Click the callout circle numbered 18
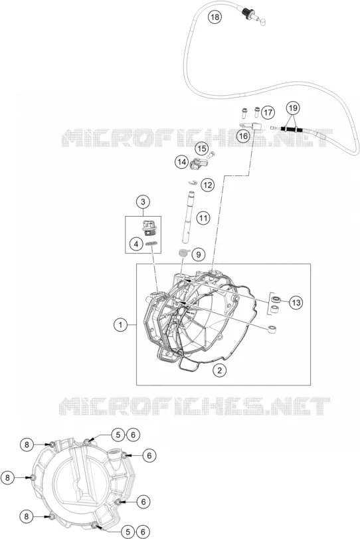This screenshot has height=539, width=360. click(x=215, y=17)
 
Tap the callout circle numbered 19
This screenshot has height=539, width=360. click(x=293, y=108)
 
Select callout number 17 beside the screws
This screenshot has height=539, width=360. click(x=268, y=112)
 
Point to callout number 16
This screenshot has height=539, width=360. click(x=243, y=136)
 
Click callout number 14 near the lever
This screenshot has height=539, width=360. click(x=181, y=162)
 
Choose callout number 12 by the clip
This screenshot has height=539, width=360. click(x=207, y=185)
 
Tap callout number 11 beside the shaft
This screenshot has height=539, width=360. click(x=203, y=218)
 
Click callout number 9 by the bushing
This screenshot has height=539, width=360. click(x=198, y=255)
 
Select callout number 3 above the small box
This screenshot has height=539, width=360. click(x=143, y=202)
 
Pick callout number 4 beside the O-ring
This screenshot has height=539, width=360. click(x=136, y=245)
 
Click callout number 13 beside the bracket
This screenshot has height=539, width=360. click(x=296, y=302)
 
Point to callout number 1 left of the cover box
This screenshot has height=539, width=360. click(x=121, y=324)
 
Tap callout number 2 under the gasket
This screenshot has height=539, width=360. click(x=219, y=370)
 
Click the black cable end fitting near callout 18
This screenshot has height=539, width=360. click(x=246, y=12)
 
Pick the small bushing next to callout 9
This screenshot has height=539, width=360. click(x=184, y=254)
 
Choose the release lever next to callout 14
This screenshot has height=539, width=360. click(x=197, y=163)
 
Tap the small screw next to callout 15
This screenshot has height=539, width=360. click(x=212, y=155)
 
